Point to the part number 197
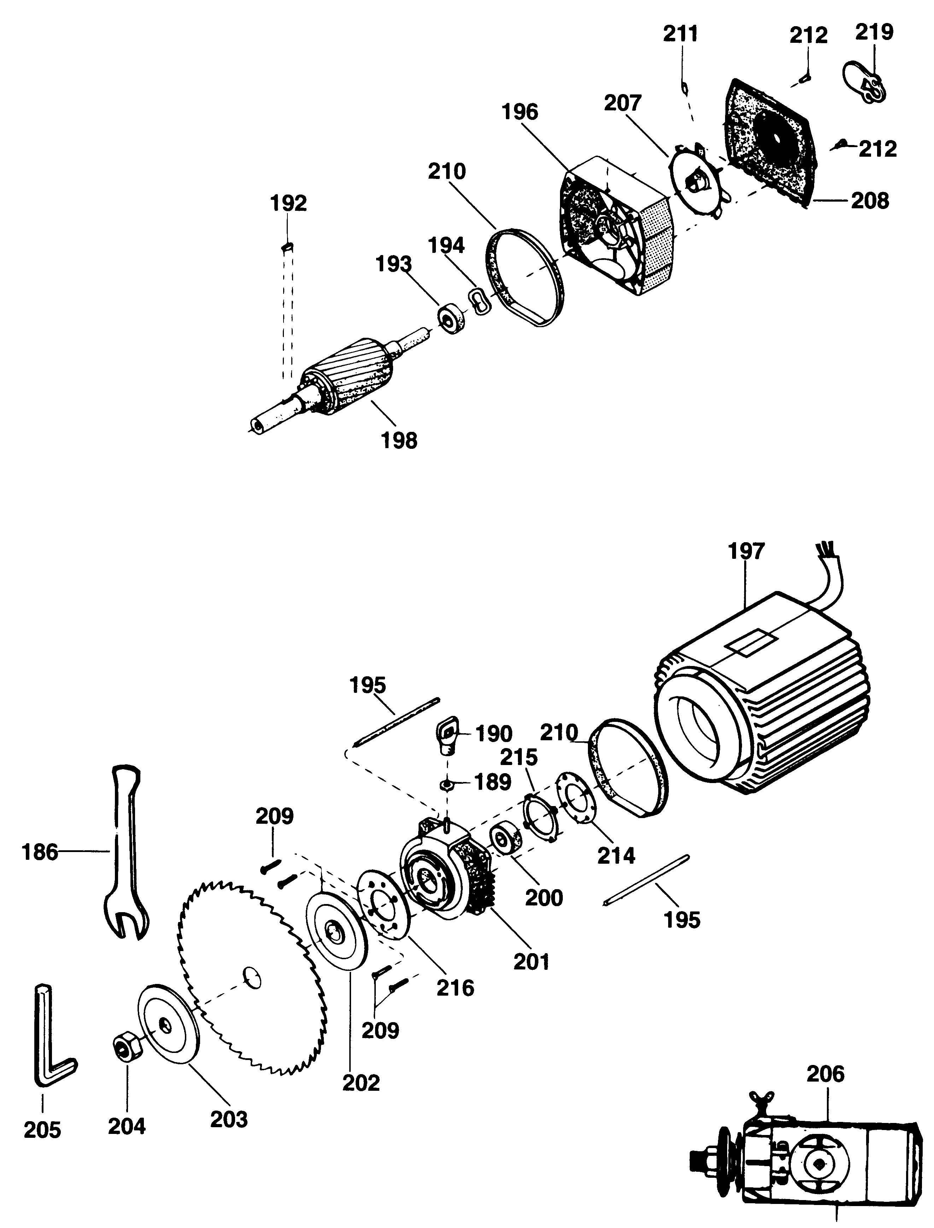tap(746, 551)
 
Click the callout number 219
tap(874, 32)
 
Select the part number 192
tap(288, 203)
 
